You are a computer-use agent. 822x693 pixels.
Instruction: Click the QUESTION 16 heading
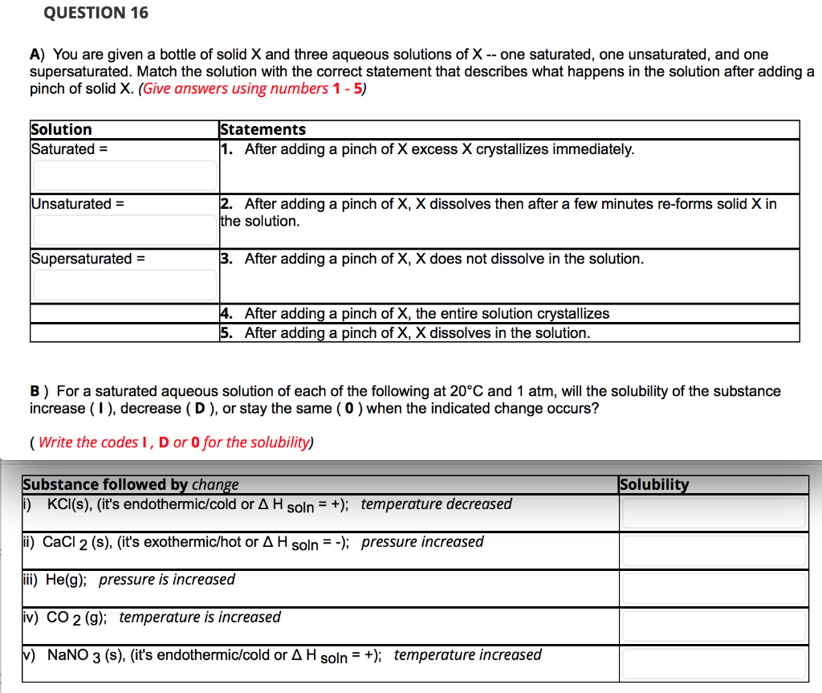pyautogui.click(x=96, y=13)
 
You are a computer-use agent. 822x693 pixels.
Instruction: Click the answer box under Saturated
pyautogui.click(x=124, y=175)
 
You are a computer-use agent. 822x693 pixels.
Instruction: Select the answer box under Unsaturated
pyautogui.click(x=124, y=230)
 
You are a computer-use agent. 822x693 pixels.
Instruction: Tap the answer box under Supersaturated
pyautogui.click(x=124, y=284)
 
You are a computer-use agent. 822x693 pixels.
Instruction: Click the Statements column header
pyautogui.click(x=262, y=129)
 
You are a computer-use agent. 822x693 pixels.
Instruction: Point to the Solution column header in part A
pyautogui.click(x=61, y=129)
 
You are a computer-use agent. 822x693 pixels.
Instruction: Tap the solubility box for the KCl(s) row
pyautogui.click(x=714, y=512)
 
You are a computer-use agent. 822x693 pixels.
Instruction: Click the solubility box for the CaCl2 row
pyautogui.click(x=714, y=550)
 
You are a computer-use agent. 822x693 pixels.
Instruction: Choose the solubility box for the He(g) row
pyautogui.click(x=714, y=588)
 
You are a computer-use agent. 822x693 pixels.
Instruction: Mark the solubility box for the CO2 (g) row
pyautogui.click(x=714, y=626)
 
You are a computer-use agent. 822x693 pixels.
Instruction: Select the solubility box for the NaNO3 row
pyautogui.click(x=714, y=663)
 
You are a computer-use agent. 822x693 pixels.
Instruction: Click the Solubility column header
pyautogui.click(x=654, y=484)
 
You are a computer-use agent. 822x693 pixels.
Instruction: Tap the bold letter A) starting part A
pyautogui.click(x=37, y=55)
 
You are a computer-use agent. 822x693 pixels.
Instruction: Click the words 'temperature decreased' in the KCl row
pyautogui.click(x=436, y=503)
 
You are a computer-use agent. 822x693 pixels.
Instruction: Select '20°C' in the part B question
pyautogui.click(x=466, y=391)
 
